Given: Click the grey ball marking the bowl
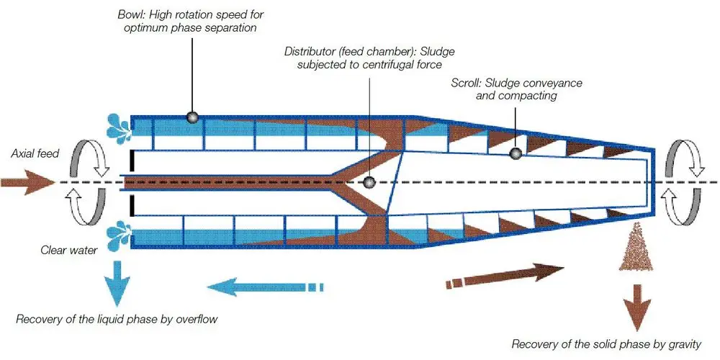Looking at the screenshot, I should tap(192, 117).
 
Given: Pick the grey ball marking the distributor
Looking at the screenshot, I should tap(369, 183).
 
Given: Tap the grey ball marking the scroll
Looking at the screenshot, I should tap(516, 153).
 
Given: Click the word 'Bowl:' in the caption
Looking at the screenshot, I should tap(131, 14).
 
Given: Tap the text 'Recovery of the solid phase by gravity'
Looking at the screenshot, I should tap(606, 344).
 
